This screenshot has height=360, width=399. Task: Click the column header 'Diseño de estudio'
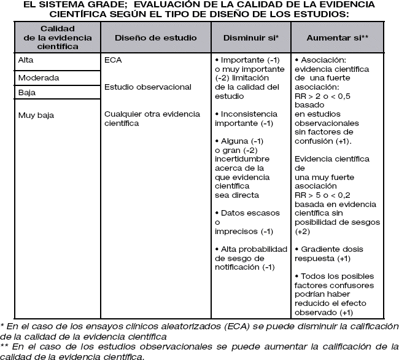[156, 37]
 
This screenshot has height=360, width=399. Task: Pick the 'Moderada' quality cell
[39, 78]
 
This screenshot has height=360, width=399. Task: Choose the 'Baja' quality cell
[26, 92]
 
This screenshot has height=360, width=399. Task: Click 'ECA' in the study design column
[114, 61]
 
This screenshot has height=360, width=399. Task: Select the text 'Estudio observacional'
[148, 87]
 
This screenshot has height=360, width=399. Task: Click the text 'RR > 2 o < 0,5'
[323, 96]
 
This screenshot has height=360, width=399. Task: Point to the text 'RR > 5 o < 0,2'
[323, 195]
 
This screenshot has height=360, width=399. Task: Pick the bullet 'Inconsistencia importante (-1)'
[252, 119]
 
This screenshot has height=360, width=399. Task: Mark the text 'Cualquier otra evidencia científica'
[148, 118]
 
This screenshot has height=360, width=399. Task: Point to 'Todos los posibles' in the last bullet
[333, 277]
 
